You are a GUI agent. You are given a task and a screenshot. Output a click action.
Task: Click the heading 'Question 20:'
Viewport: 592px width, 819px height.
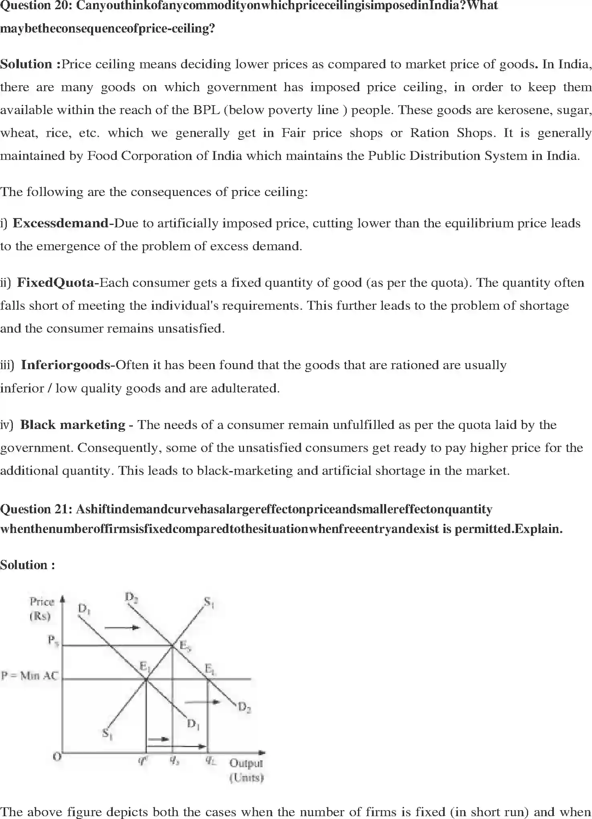[36, 6]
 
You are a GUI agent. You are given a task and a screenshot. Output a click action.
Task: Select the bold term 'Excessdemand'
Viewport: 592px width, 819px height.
[61, 223]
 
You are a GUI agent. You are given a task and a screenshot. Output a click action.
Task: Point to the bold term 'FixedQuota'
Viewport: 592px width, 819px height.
[55, 283]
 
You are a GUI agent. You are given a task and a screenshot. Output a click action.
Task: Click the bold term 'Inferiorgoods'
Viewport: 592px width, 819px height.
[65, 365]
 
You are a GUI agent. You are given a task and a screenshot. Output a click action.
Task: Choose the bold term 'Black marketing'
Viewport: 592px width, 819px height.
[73, 425]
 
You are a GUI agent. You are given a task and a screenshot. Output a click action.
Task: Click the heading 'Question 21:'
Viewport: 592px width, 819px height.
[36, 509]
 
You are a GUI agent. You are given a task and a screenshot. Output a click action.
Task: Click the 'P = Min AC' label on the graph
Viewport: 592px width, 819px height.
[30, 676]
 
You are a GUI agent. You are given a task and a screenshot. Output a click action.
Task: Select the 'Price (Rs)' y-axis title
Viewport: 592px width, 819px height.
[41, 609]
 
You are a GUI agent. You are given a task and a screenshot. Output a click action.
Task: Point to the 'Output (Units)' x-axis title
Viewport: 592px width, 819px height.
[246, 770]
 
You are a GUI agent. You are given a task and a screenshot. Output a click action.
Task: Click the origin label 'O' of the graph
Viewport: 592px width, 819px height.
[57, 757]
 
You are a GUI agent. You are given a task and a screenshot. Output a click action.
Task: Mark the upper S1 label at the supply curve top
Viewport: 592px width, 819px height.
[209, 602]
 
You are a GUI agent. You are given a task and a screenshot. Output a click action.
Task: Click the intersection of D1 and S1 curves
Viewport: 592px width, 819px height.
[146, 679]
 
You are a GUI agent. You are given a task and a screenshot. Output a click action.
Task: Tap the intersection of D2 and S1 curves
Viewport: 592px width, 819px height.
[173, 645]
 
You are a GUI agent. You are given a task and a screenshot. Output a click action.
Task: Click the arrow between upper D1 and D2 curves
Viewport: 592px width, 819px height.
[122, 627]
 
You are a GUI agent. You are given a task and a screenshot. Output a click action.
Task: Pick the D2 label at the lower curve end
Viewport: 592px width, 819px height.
[244, 707]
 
